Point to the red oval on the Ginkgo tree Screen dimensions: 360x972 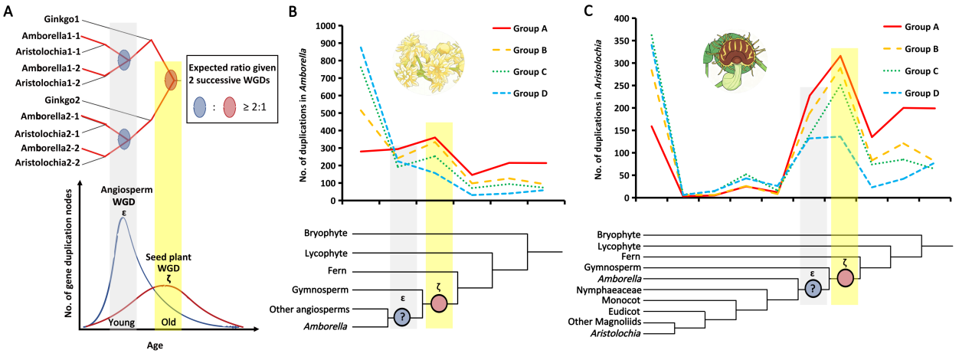click(x=171, y=79)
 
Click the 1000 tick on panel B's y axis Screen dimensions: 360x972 click(x=327, y=25)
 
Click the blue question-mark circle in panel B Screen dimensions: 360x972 click(x=401, y=316)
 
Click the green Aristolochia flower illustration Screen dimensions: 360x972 click(x=729, y=61)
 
